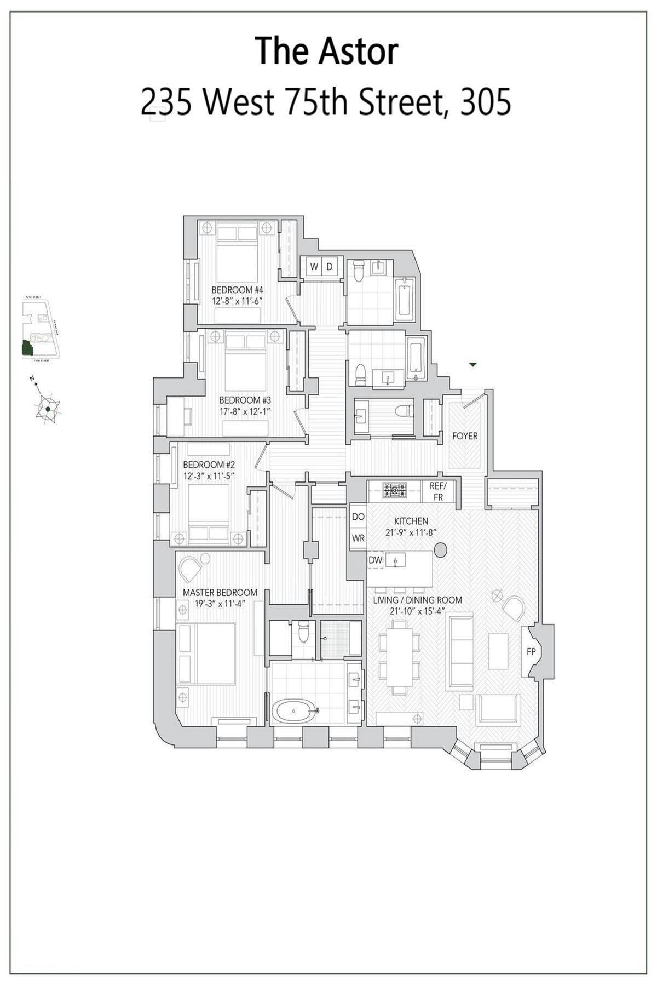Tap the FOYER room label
click(465, 436)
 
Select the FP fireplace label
click(531, 652)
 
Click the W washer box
click(314, 267)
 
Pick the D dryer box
click(330, 267)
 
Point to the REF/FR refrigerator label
click(439, 491)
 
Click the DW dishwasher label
click(375, 560)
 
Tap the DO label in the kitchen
click(358, 517)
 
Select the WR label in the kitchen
click(358, 538)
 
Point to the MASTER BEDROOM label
click(220, 592)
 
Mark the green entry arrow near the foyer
click(474, 364)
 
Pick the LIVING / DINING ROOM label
click(417, 600)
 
